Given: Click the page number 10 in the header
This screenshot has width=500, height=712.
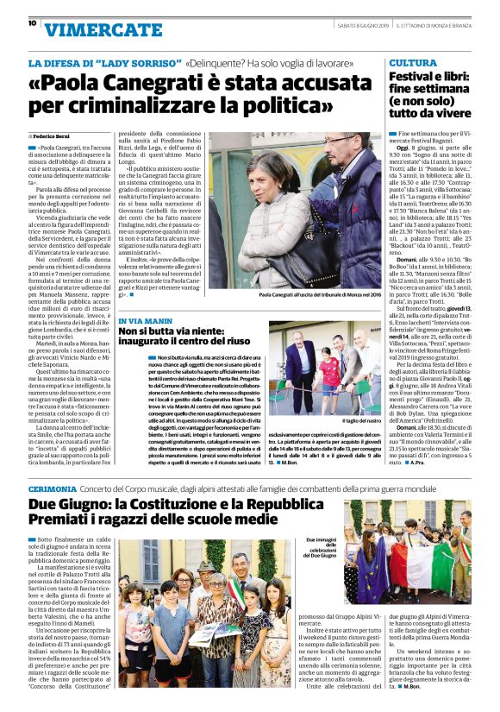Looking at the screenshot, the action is [32, 24].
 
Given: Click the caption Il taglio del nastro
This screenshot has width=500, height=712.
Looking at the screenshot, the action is [358, 419].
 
